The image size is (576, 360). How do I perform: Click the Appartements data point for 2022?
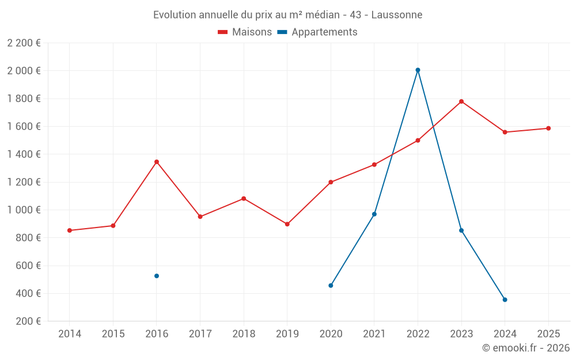pos(418,70)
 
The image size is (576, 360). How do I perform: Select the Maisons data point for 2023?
pos(461,101)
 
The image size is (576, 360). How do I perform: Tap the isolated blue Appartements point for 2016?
pos(157,276)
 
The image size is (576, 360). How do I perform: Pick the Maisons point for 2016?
pos(157,162)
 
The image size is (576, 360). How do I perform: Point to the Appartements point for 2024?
pos(505,300)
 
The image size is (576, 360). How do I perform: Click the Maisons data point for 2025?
pos(548,128)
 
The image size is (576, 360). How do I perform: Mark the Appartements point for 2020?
pos(331,286)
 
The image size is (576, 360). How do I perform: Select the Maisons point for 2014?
pos(70,230)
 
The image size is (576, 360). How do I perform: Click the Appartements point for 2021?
pos(374,214)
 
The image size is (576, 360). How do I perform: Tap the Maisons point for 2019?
pos(287,224)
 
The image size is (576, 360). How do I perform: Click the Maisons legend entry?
pos(245,32)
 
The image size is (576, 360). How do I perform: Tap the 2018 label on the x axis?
pos(244,334)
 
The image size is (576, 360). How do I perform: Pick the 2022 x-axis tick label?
pos(418,334)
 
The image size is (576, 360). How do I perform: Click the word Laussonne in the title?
pos(396,14)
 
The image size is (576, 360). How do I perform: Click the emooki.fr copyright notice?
pos(525,348)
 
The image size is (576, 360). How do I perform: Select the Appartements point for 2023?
pos(461,230)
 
